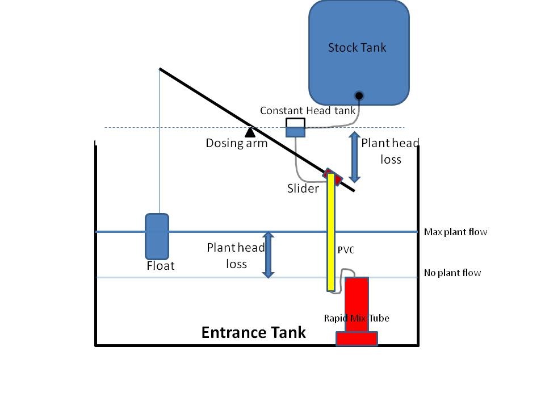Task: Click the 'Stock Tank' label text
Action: coord(357,48)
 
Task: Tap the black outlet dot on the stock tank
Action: coord(359,95)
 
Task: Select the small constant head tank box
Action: coord(295,128)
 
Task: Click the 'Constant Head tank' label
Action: coord(308,111)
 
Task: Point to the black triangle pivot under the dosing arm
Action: coord(250,132)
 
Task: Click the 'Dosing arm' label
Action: coord(237,143)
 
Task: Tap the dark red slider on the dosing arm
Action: coord(333,177)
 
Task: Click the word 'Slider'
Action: coord(303,189)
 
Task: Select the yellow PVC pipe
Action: coord(331,232)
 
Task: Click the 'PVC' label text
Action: coord(346,250)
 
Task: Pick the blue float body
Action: coord(157,236)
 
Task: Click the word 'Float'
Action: coord(161,266)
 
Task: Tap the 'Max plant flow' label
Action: coord(455,232)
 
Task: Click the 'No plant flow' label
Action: coord(452,273)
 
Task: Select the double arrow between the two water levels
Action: coord(268,255)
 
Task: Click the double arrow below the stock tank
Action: coord(354,157)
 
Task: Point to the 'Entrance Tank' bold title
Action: coord(253,332)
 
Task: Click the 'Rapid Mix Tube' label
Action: coord(357,318)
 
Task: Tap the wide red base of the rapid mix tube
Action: coord(357,339)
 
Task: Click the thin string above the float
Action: coord(160,141)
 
